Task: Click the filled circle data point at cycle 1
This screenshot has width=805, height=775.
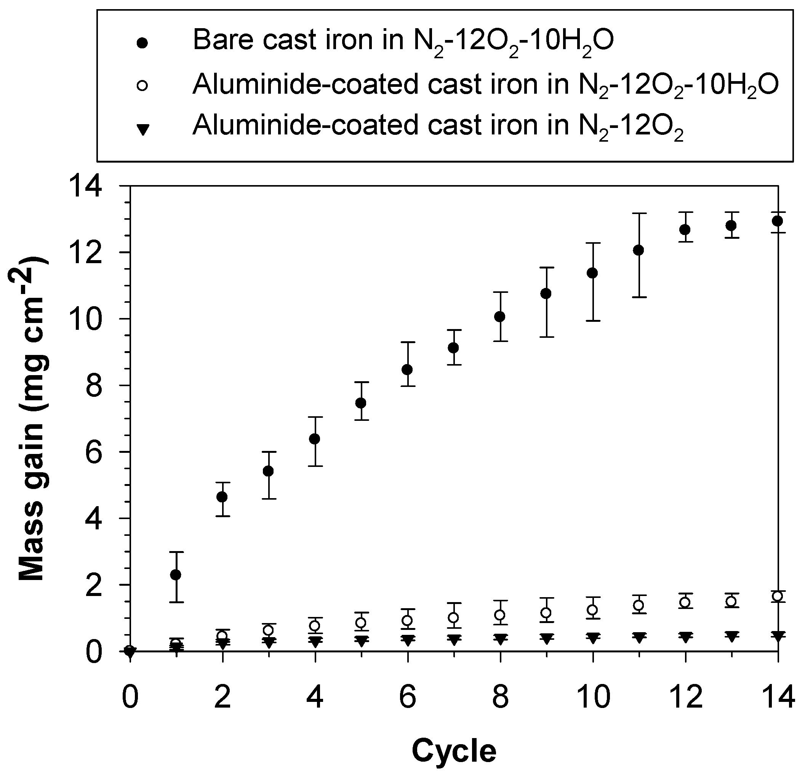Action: coord(176,575)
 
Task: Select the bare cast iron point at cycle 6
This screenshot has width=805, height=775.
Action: coord(407,369)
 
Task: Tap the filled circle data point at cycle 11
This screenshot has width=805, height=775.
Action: coord(639,250)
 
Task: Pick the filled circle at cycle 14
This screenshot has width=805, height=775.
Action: coord(777,221)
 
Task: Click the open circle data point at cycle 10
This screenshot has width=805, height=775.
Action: coord(592,610)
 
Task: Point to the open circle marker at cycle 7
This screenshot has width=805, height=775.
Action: coord(453,617)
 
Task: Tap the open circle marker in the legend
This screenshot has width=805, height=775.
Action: coord(142,86)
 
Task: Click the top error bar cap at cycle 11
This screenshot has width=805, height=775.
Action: coord(639,213)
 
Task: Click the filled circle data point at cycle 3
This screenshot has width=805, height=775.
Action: coord(269,471)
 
